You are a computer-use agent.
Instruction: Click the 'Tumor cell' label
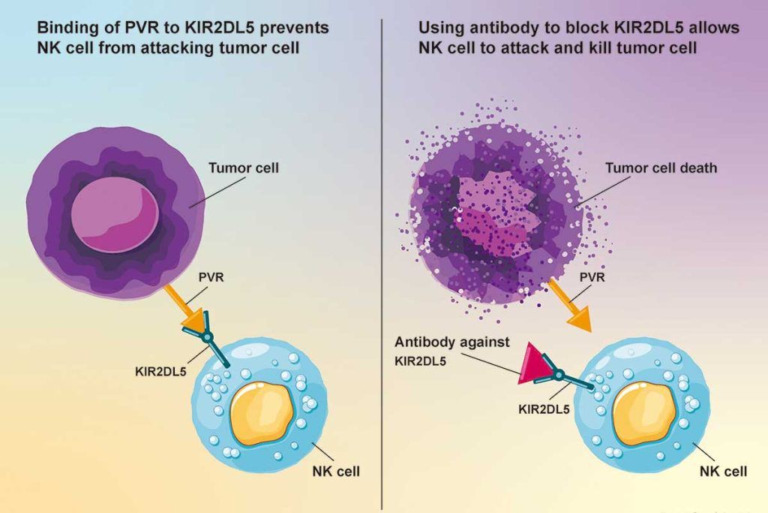tap(244, 167)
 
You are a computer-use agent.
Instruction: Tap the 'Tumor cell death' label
tap(661, 167)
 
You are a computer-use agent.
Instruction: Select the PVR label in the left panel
tap(211, 277)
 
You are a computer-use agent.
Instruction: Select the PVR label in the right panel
tap(592, 277)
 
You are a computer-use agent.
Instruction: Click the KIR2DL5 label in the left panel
tap(160, 371)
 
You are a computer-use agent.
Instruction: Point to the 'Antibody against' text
tap(452, 342)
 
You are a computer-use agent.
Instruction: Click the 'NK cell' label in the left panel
tap(336, 471)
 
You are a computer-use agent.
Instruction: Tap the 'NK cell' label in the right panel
tap(724, 471)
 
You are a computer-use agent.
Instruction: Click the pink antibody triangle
tap(532, 364)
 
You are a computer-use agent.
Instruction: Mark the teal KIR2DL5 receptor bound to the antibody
tap(563, 376)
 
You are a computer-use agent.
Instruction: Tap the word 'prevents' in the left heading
tap(294, 28)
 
